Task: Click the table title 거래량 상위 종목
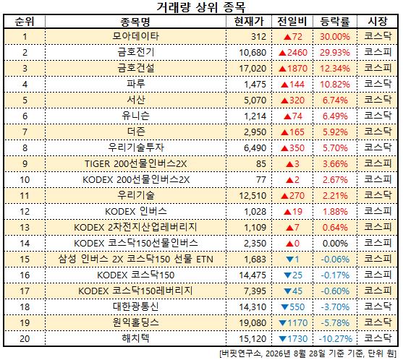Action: click(201, 7)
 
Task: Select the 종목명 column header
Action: click(135, 22)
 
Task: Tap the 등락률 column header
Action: click(335, 22)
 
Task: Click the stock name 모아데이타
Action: click(135, 36)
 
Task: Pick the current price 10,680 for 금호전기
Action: click(253, 52)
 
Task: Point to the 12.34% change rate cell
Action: click(335, 69)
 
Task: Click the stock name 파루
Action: click(136, 84)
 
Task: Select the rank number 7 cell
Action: click(25, 132)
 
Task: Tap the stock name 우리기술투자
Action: click(136, 147)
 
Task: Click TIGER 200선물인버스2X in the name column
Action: click(136, 163)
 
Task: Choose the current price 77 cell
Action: click(261, 180)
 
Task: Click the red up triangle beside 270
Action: click(284, 197)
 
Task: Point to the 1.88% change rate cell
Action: click(335, 212)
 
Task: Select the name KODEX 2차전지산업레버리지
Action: click(135, 227)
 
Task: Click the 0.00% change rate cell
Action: click(335, 244)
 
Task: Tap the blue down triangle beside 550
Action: click(284, 307)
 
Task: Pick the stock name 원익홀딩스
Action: click(136, 322)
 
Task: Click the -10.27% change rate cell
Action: click(336, 339)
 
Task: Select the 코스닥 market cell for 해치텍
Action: click(378, 338)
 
